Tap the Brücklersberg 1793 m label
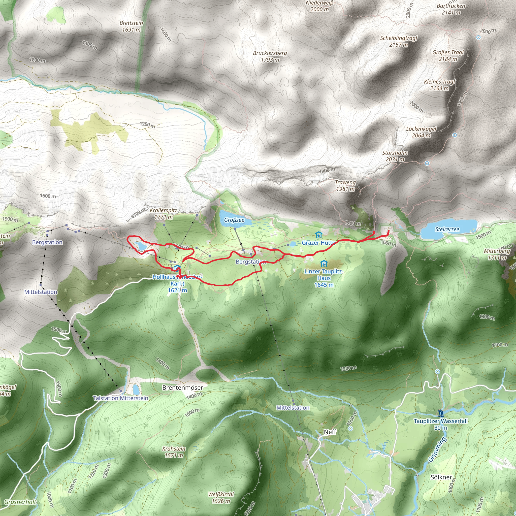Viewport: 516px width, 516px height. point(270,56)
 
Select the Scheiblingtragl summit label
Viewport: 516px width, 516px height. point(399,41)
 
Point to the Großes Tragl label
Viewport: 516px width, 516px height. point(448,55)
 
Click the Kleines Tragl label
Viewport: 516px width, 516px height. point(439,85)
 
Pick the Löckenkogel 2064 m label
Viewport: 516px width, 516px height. point(421,132)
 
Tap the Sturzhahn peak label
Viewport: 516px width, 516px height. point(395,156)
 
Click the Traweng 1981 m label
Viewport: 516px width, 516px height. point(345,185)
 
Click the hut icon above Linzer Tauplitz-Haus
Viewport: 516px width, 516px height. point(324,264)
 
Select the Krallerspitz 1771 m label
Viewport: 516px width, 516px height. point(164,213)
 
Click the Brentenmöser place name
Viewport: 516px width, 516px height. point(183,388)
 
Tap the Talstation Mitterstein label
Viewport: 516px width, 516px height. point(120,398)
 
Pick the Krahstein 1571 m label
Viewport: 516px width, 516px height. point(174,452)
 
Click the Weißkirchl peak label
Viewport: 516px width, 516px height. point(221,498)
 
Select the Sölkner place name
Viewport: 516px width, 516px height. point(441,477)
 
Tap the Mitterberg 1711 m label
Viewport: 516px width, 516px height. point(497,254)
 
